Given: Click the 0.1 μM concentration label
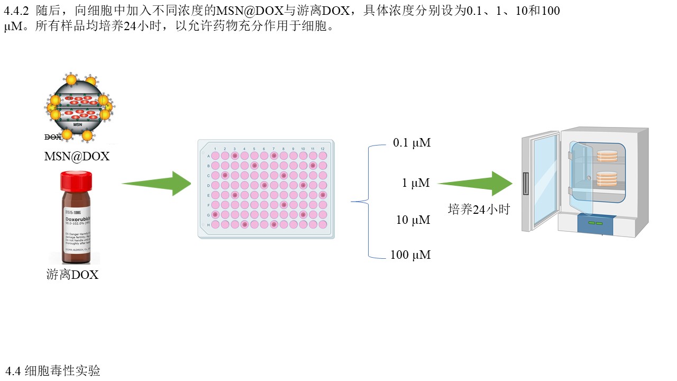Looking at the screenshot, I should coord(411,143).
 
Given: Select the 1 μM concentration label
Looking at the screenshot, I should coord(416,183).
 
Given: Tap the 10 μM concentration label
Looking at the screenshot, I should coord(413,220).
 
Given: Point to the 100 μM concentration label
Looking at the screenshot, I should coord(410,255).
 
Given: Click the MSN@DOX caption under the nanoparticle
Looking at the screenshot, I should coord(77,156).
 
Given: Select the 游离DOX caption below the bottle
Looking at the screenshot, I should coord(72,275).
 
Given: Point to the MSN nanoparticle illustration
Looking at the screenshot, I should coord(79,108).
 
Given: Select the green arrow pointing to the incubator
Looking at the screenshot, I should coord(474,184).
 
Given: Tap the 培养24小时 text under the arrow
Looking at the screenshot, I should coord(479,210).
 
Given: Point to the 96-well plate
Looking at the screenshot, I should coord(266,189).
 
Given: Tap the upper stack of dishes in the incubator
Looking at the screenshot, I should coord(607,156).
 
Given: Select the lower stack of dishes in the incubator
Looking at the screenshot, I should coord(607,179).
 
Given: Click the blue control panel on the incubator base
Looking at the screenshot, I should coord(596,224).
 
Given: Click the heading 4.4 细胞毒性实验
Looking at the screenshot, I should coord(53,371).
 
